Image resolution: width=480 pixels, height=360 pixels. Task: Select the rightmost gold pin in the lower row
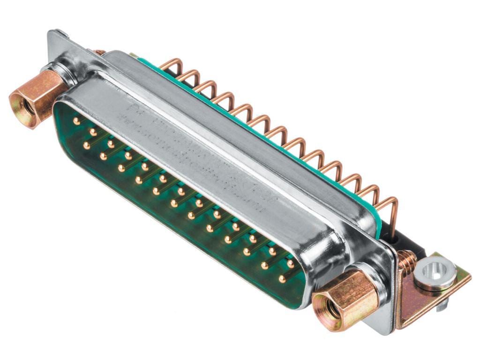282,279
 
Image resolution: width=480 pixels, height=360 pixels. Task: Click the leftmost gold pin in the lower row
86,146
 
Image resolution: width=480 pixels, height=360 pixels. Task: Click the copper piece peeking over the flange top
98,52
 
